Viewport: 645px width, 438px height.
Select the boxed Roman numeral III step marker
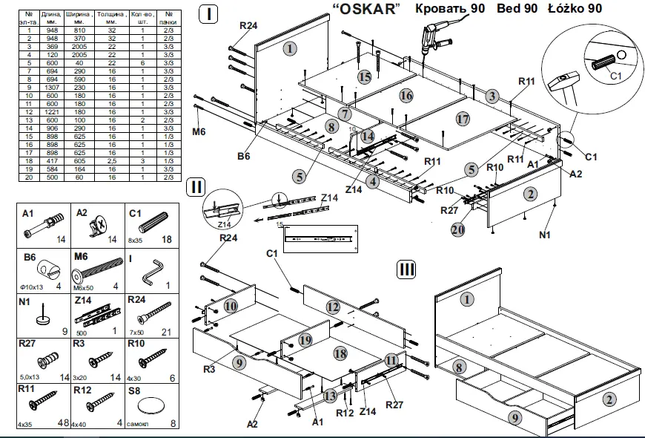406,269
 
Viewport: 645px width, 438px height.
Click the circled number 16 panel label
406,95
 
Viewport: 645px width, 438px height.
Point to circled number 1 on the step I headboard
289,48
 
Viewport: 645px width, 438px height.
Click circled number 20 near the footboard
459,229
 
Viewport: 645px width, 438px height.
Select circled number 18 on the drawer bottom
340,353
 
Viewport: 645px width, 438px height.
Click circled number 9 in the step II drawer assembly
237,362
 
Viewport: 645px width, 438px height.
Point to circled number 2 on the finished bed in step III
609,399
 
